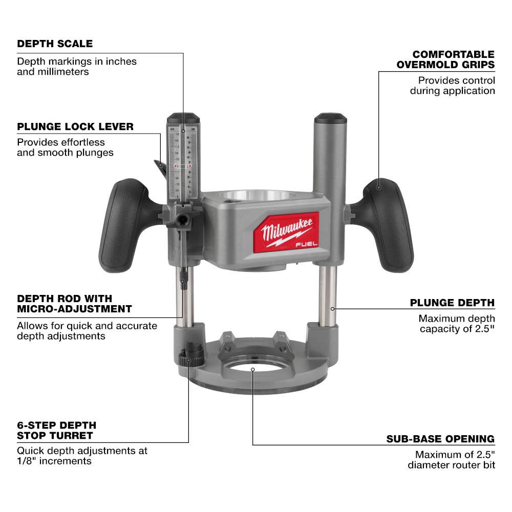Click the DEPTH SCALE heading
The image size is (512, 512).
(x=55, y=44)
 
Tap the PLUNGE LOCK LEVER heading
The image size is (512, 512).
(x=75, y=126)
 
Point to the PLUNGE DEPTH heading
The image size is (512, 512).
(x=452, y=303)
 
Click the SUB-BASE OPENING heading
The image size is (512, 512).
(x=440, y=439)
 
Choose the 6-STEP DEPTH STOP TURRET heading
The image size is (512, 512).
(x=56, y=431)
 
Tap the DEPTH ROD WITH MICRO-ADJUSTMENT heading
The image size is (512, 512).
(x=74, y=304)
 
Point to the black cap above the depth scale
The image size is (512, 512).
(x=182, y=116)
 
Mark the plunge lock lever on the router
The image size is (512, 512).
(x=160, y=166)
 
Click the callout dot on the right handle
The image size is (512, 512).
(x=379, y=187)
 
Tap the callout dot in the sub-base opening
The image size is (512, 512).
(x=252, y=368)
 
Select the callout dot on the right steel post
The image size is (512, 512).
(x=332, y=308)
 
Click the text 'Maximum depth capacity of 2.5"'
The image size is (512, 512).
(x=457, y=323)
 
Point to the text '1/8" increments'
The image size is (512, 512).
(x=54, y=461)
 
